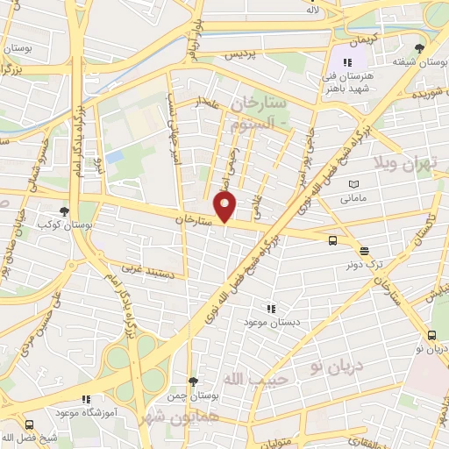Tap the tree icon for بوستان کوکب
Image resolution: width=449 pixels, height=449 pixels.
64,210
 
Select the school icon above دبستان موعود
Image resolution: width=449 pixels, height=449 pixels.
270,308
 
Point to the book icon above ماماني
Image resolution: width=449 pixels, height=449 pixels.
353,185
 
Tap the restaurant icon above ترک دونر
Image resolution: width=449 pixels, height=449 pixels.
364,252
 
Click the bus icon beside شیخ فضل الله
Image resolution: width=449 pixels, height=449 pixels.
29,424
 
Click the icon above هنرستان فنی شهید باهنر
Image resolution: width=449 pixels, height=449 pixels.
347,62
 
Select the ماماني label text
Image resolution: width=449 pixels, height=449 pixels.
354,199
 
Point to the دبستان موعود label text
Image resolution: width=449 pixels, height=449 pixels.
271,322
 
